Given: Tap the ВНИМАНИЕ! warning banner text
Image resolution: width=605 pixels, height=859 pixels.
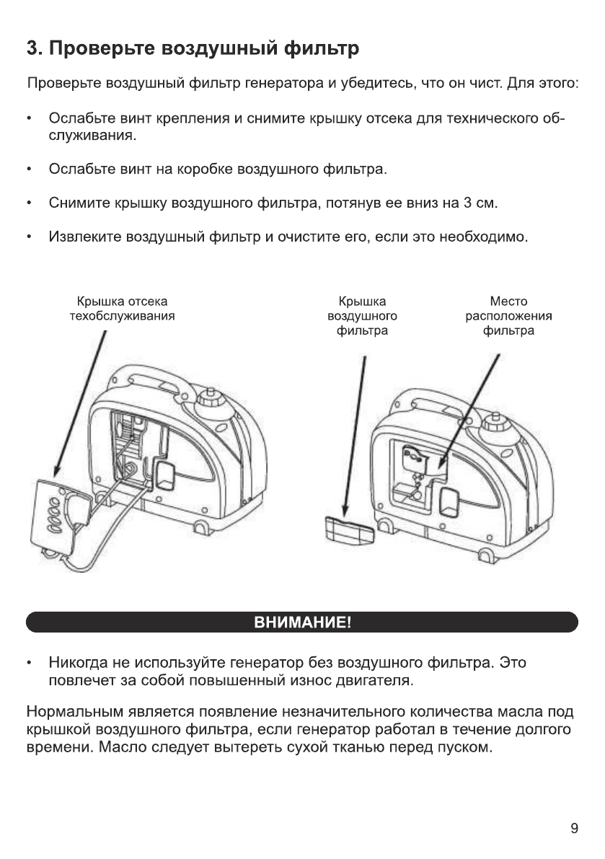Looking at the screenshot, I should [x=302, y=622].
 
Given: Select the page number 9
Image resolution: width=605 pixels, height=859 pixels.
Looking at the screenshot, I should [x=574, y=828].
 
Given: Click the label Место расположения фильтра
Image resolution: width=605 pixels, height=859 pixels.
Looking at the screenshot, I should [x=508, y=316].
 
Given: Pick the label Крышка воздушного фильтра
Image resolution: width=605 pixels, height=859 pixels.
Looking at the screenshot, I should [x=362, y=316].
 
